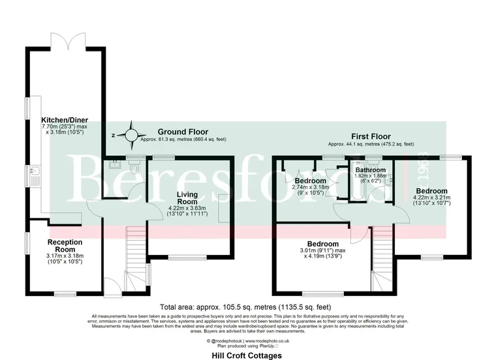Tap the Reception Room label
coord(65,246)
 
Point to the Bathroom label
coord(369,170)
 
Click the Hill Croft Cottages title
coord(247,356)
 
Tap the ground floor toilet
coord(135,168)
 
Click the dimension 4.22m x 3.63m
coord(178,208)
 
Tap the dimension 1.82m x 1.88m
coord(369,176)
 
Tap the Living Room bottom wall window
coord(188,256)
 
